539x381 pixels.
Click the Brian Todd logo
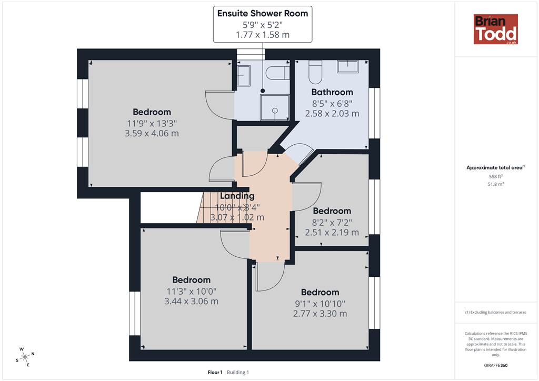pyautogui.click(x=496, y=29)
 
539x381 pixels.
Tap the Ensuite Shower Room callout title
pyautogui.click(x=263, y=13)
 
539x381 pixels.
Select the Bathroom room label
pyautogui.click(x=332, y=92)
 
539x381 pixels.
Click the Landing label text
pyautogui.click(x=237, y=196)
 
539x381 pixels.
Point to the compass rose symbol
pyautogui.click(x=25, y=357)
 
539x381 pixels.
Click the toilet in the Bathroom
pyautogui.click(x=315, y=72)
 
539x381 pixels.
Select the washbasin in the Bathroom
pyautogui.click(x=347, y=66)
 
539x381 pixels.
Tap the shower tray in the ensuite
pyautogui.click(x=275, y=107)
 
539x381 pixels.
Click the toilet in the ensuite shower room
pyautogui.click(x=277, y=73)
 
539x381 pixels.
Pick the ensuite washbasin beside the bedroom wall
pyautogui.click(x=244, y=76)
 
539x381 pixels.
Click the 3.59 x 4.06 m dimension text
pyautogui.click(x=152, y=133)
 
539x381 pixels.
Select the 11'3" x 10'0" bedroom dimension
pyautogui.click(x=192, y=292)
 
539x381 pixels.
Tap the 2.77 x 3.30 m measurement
pyautogui.click(x=320, y=314)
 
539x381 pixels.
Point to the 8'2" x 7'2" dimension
pyautogui.click(x=332, y=222)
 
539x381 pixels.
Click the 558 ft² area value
pyautogui.click(x=496, y=177)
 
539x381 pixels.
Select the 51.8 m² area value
pyautogui.click(x=496, y=184)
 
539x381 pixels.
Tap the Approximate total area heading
pyautogui.click(x=495, y=168)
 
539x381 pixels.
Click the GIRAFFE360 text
pyautogui.click(x=496, y=365)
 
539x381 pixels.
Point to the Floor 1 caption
pyautogui.click(x=215, y=372)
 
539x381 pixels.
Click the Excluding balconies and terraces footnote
pyautogui.click(x=496, y=312)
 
